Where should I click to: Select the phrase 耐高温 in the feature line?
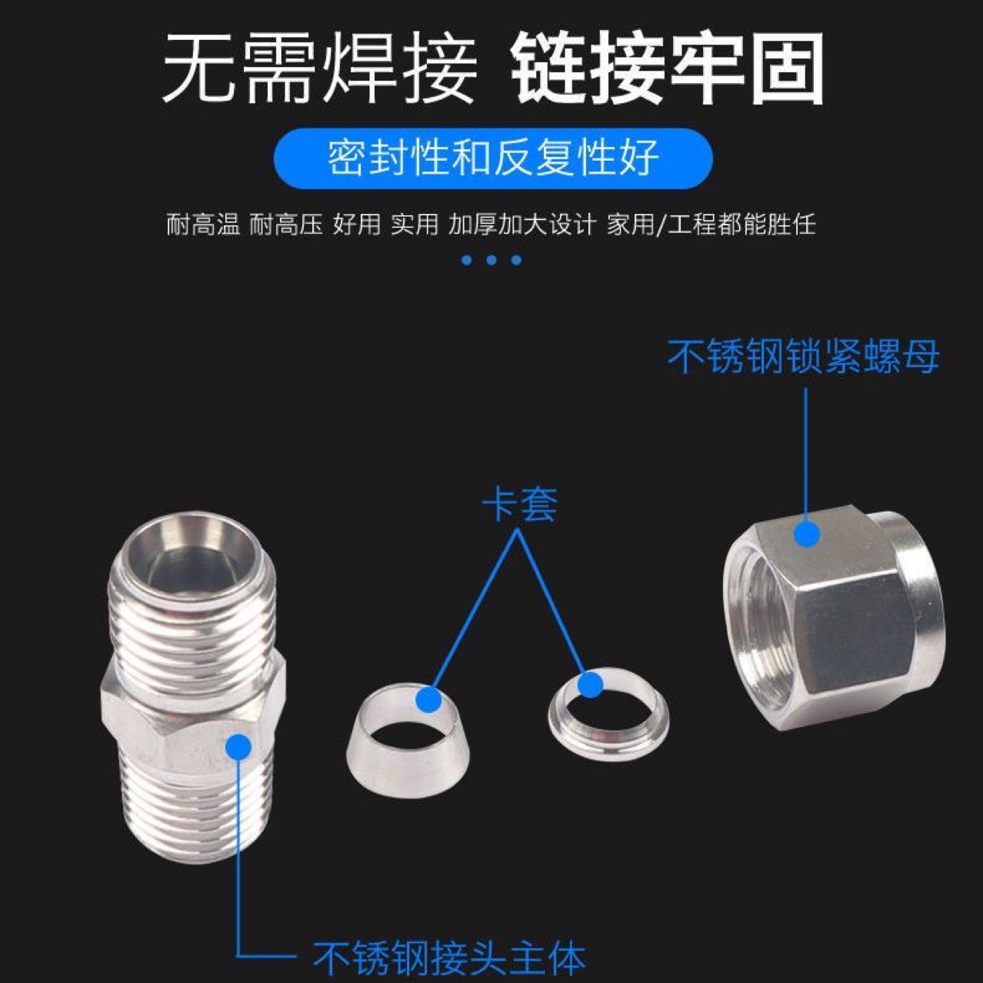tap(203, 225)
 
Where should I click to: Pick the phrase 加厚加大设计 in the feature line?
tap(522, 225)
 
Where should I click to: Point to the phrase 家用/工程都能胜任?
tap(711, 225)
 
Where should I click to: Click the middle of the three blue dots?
tap(491, 260)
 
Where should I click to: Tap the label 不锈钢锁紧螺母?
tap(803, 357)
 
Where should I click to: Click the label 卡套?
tap(519, 505)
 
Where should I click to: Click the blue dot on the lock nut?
tap(806, 533)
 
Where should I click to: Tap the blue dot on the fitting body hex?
tap(239, 747)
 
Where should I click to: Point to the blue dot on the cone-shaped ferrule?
tap(429, 699)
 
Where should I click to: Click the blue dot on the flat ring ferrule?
tap(589, 684)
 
